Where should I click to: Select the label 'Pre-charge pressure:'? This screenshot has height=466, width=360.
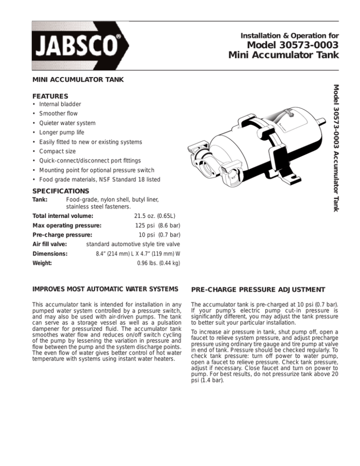[x=62, y=235]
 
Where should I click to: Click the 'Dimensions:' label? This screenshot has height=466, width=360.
[x=50, y=254]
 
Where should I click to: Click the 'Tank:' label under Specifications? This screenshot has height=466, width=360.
[x=40, y=200]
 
